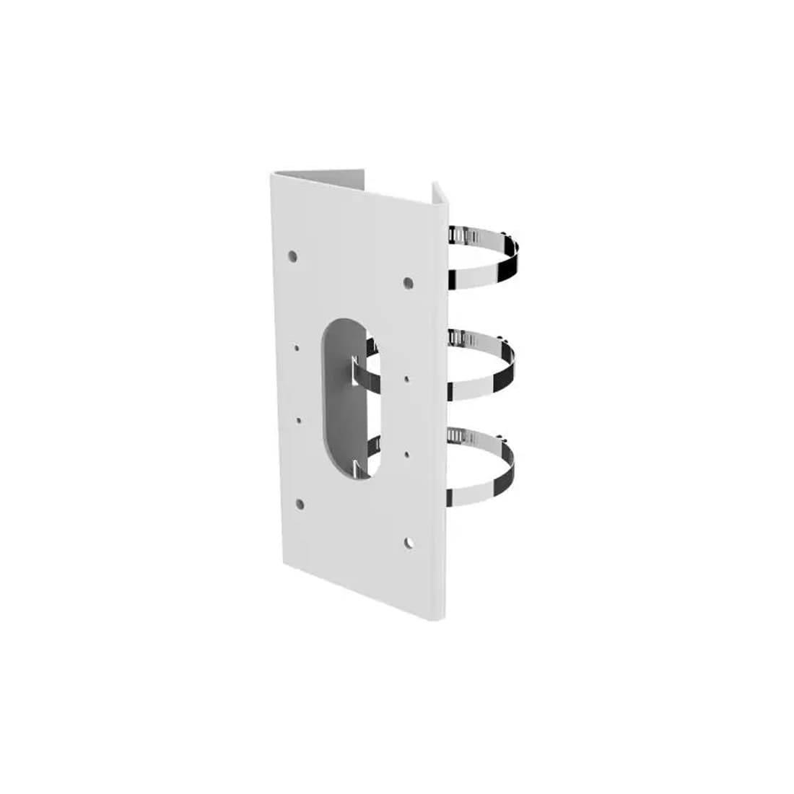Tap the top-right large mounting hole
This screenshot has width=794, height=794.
[x=408, y=282]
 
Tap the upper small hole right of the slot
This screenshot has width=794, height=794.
[x=407, y=378]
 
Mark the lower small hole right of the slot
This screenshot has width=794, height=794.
[x=407, y=454]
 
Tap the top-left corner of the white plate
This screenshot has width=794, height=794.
[x=273, y=173]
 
